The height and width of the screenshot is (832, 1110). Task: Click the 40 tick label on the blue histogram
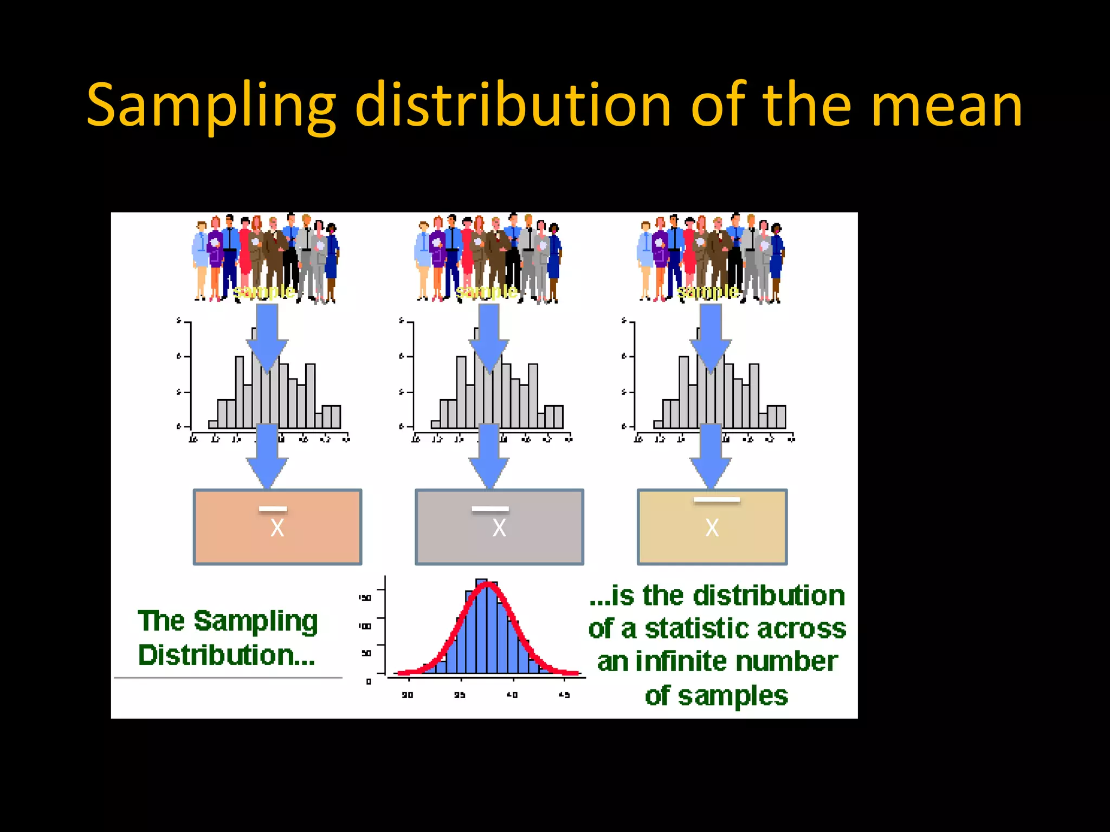click(512, 695)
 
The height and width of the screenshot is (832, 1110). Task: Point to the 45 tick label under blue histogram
click(564, 695)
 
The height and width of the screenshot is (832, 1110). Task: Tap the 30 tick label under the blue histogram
click(408, 695)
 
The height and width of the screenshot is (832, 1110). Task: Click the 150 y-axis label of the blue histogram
click(365, 598)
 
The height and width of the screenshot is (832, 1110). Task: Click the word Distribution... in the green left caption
click(227, 655)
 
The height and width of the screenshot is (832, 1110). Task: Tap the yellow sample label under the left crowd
click(264, 292)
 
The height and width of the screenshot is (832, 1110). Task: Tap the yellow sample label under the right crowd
click(708, 292)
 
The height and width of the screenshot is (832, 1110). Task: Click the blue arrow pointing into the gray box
click(489, 458)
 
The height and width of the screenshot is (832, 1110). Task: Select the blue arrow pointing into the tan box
click(711, 458)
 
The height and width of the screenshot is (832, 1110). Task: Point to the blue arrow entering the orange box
click(267, 458)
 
